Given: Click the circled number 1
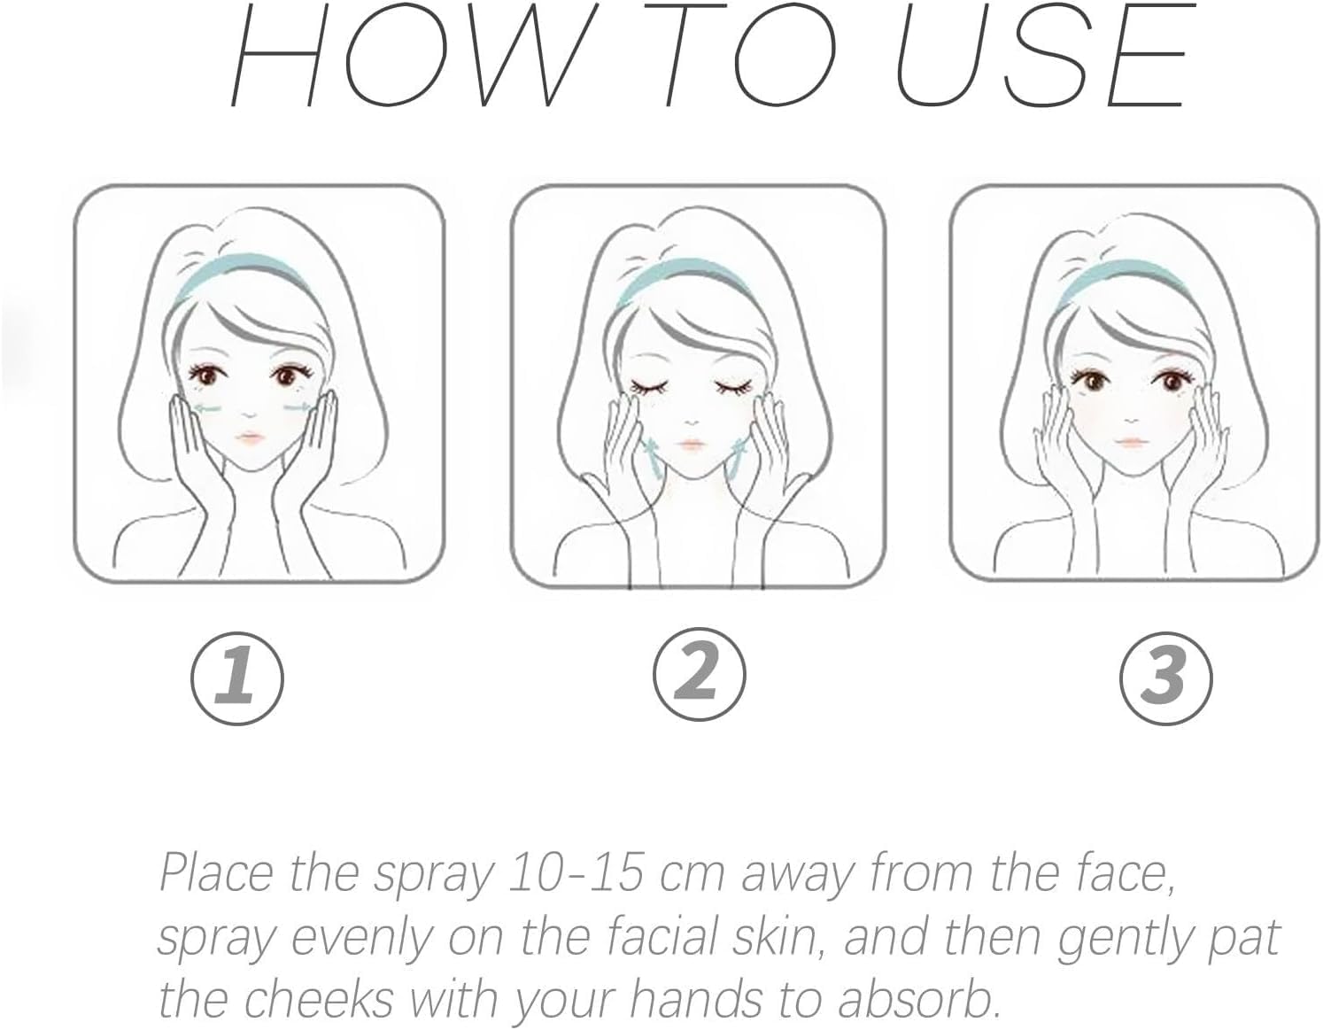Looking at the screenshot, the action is (x=237, y=678).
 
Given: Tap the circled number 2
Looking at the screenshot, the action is (x=699, y=675).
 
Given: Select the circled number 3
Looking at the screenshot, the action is (x=1166, y=678).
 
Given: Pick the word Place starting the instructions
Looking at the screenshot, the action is (x=216, y=873).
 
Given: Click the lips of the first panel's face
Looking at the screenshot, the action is (x=250, y=438).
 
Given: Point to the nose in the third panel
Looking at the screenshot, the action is (x=1129, y=420).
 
